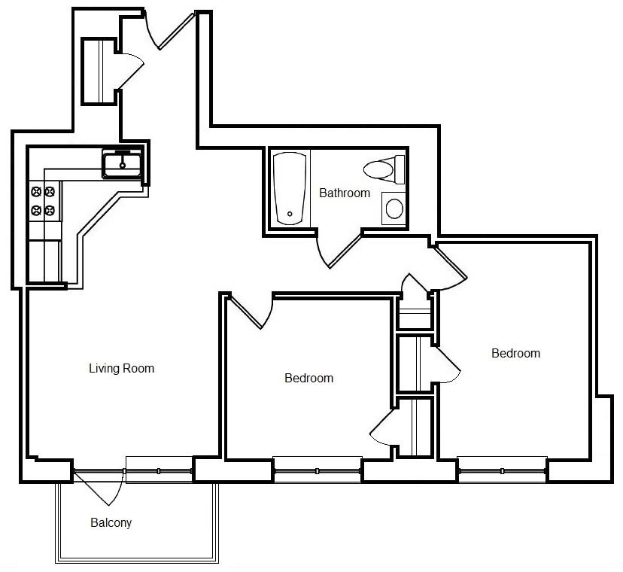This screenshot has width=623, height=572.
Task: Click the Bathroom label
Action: point(345,193)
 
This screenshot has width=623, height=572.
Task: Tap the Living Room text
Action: point(122,369)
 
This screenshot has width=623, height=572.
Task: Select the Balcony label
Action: point(111,522)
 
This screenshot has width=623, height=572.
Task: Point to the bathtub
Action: point(290,188)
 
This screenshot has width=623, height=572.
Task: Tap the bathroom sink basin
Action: point(394,208)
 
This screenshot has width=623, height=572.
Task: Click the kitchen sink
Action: point(123,164)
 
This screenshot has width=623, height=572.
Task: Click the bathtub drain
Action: point(290,214)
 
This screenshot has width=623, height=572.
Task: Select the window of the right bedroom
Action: point(502,471)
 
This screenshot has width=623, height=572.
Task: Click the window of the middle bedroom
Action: point(317,471)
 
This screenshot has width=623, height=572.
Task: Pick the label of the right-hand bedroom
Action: point(515,354)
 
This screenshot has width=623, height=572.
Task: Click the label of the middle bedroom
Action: point(308,378)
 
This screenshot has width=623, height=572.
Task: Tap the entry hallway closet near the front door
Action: point(99,71)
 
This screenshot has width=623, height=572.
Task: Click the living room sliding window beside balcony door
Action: point(159,471)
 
